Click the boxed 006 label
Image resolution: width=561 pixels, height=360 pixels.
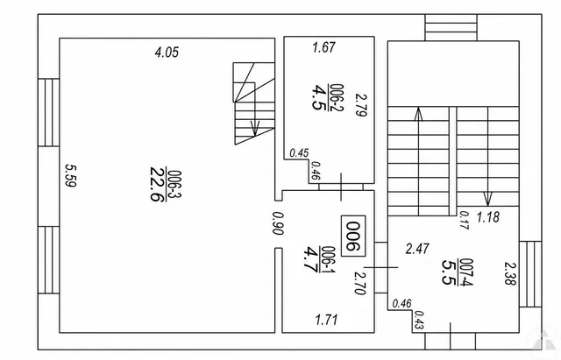click(353, 236)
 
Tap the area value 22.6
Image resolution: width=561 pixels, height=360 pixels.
click(158, 184)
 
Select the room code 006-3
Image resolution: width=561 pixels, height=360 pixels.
click(175, 184)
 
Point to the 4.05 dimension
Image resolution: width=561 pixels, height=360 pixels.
click(167, 53)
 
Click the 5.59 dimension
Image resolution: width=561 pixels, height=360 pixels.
click(70, 175)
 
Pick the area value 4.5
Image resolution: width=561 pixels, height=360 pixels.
click(318, 97)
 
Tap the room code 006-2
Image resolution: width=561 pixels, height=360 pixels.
click(337, 97)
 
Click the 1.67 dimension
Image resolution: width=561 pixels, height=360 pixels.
click(323, 47)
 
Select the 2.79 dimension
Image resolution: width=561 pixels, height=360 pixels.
click(361, 105)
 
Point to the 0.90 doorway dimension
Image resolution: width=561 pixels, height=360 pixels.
click(278, 223)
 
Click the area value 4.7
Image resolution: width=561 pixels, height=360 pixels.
click(310, 259)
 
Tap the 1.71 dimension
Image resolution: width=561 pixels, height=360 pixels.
click(326, 319)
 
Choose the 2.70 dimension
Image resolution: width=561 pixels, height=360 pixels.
click(360, 283)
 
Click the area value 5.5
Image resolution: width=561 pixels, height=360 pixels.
click(450, 272)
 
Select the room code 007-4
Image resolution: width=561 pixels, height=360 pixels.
click(466, 272)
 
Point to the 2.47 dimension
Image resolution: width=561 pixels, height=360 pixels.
click(417, 249)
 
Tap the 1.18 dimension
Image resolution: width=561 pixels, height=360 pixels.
click(488, 217)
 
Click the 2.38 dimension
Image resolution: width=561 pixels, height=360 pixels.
click(510, 273)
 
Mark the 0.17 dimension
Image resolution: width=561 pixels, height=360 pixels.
click(464, 220)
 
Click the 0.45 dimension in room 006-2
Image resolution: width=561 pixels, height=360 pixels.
click(299, 153)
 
